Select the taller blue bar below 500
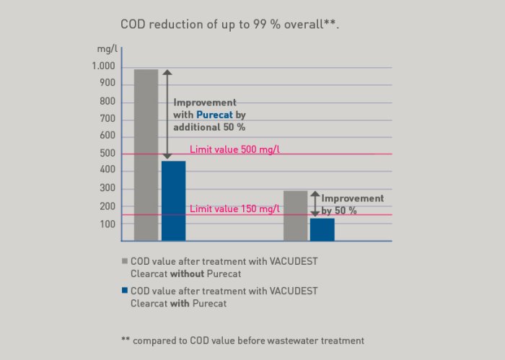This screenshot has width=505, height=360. (x=173, y=201)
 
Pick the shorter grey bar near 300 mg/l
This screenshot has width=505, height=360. (x=295, y=215)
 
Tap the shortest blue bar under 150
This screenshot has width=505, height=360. (x=322, y=229)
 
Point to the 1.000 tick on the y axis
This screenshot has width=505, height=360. (x=103, y=66)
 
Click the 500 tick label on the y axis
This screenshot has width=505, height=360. (x=107, y=154)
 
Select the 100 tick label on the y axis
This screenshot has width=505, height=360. (x=107, y=224)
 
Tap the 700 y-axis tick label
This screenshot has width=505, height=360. (x=107, y=119)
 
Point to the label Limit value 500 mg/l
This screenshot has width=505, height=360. (x=234, y=149)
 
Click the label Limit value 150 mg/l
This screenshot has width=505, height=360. (x=234, y=209)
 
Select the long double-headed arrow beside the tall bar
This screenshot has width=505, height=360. (x=167, y=113)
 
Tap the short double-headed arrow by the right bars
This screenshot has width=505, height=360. (x=315, y=203)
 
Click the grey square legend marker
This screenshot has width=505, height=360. (x=124, y=261)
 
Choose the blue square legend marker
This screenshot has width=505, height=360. (x=124, y=291)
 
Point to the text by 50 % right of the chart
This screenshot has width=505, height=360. (x=339, y=211)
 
